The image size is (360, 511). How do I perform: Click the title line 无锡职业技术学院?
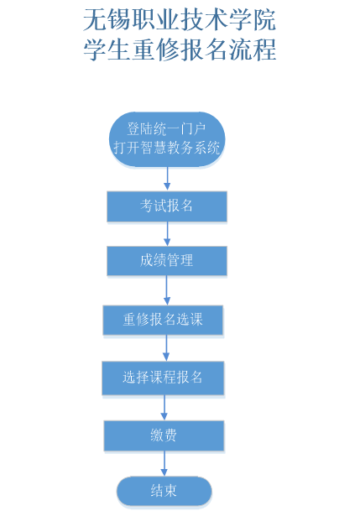[180, 19]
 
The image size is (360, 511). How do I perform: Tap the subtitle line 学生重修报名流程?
[180, 50]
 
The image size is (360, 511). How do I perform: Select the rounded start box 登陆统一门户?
[167, 139]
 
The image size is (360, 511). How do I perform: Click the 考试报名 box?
[167, 206]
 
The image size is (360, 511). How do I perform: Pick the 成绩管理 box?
[167, 261]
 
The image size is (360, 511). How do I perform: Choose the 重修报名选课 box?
[163, 320]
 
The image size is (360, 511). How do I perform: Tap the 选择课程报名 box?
[163, 378]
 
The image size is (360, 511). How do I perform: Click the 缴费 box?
[164, 435]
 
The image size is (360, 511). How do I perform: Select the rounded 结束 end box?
[164, 491]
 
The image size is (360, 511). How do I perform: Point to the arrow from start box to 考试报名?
[167, 178]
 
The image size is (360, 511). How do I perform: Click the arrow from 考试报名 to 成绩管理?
[167, 233]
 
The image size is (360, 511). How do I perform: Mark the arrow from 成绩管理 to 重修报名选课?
[167, 290]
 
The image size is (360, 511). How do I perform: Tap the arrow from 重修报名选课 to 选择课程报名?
[166, 347]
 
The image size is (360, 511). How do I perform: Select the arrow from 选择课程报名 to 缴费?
[164, 407]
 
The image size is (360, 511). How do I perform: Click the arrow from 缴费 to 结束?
[164, 463]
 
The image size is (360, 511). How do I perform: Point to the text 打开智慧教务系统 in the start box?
[167, 148]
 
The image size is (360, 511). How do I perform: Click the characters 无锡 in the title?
[107, 19]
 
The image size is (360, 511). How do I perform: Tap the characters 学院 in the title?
[253, 19]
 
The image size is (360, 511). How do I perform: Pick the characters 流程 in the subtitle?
[253, 50]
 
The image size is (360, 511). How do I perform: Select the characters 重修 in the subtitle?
[156, 50]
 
